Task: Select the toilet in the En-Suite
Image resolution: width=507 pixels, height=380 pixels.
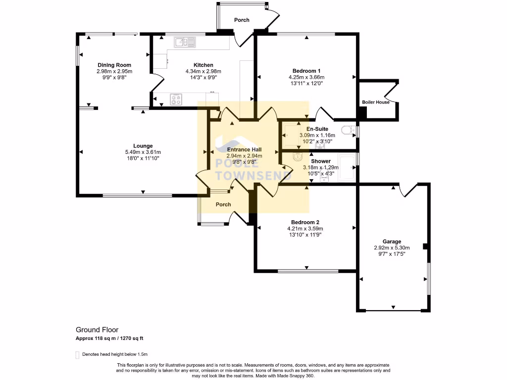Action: (x=349, y=131)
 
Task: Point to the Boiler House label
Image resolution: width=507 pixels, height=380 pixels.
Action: (x=375, y=102)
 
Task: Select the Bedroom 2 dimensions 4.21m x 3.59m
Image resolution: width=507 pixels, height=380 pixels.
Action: (x=305, y=229)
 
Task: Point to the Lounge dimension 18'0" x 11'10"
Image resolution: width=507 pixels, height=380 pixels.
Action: (x=143, y=158)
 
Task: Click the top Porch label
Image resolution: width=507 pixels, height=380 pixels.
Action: (x=242, y=20)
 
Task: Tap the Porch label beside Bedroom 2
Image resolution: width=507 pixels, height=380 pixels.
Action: (x=223, y=204)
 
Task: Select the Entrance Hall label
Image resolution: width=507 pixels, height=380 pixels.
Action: (x=244, y=149)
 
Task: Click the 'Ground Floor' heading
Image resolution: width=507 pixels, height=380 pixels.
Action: (x=97, y=330)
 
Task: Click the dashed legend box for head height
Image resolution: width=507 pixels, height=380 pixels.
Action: (x=77, y=355)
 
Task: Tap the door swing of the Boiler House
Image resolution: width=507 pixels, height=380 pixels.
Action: (x=391, y=93)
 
